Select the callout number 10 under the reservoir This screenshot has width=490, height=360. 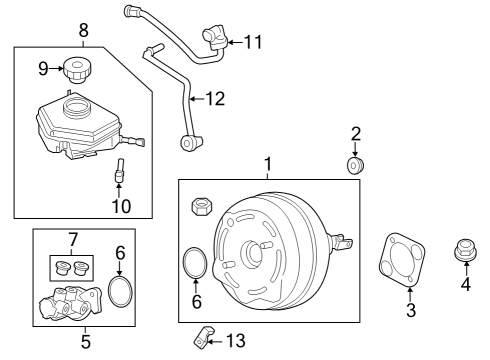click(x=121, y=206)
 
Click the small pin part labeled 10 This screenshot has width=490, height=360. click(x=117, y=171)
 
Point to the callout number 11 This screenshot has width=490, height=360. click(x=252, y=42)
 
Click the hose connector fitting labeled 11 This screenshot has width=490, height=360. click(x=215, y=38)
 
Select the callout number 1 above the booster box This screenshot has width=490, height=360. click(x=267, y=163)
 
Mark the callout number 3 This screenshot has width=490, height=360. click(x=409, y=311)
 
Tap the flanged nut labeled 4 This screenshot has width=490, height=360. click(x=463, y=249)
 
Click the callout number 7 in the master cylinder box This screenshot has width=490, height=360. click(x=71, y=240)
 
